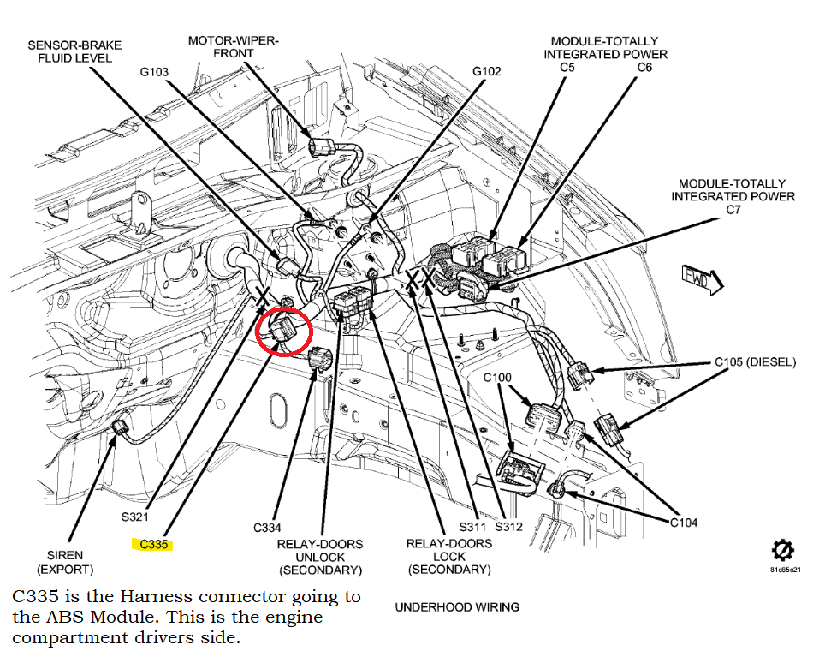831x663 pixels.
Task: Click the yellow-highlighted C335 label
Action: pos(154,544)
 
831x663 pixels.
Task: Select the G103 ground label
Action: pos(155,72)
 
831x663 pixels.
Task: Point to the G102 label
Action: pos(487,71)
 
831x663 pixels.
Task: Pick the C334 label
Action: pos(267,528)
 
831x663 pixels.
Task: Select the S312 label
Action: pos(508,527)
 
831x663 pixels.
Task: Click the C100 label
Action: pos(497,378)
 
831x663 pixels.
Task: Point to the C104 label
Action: pos(684,522)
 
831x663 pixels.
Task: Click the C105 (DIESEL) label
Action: pos(756,362)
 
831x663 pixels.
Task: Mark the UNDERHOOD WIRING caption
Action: pos(457,607)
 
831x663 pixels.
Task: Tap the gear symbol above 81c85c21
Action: pos(780,549)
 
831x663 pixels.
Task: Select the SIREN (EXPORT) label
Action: pos(65,562)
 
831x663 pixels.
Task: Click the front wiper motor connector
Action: pos(322,145)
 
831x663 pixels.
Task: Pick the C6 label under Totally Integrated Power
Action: pos(644,67)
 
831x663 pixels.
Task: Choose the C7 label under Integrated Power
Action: pos(733,209)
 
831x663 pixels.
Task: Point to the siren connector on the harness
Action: pos(121,427)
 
